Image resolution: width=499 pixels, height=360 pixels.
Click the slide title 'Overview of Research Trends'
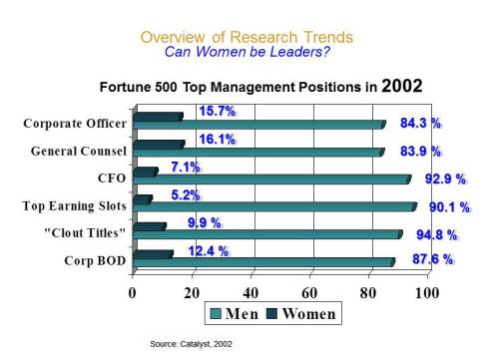(246, 37)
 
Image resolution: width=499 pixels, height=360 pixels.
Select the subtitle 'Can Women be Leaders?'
(246, 52)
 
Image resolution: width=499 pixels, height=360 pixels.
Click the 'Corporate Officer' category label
(75, 124)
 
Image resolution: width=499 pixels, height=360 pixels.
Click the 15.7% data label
(217, 111)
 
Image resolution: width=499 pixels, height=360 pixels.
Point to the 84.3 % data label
(420, 124)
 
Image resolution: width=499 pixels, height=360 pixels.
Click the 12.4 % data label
(209, 249)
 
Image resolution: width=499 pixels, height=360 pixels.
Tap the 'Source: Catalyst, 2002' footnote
(195, 343)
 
